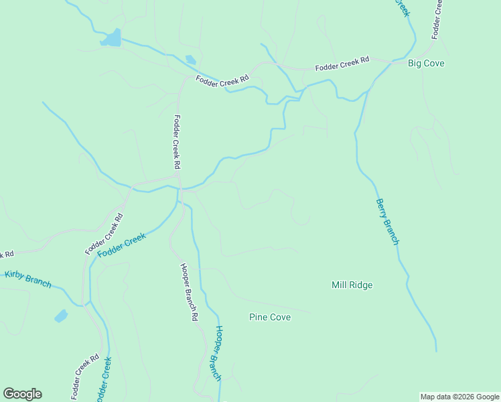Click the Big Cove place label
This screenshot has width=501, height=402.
[x=426, y=64]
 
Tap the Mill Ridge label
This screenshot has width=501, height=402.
[x=352, y=285]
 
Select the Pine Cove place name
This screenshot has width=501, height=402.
[x=270, y=317]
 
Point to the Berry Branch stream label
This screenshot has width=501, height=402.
[x=387, y=222]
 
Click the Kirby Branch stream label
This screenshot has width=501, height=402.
[x=28, y=278]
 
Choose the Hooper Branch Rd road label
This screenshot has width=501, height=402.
[x=190, y=292]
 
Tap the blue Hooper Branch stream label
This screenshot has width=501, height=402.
[x=214, y=353]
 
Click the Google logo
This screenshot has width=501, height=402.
[x=22, y=394]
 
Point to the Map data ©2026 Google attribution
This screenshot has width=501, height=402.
[x=459, y=397]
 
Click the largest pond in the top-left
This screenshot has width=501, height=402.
[x=113, y=38]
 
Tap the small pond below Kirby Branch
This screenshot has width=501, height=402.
[x=61, y=316]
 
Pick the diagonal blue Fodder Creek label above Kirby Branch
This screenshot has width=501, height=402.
[x=121, y=245]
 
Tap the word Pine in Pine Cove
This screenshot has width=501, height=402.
[x=259, y=317]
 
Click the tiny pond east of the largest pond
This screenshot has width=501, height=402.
[x=191, y=60]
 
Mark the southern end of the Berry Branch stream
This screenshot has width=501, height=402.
[x=436, y=350]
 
